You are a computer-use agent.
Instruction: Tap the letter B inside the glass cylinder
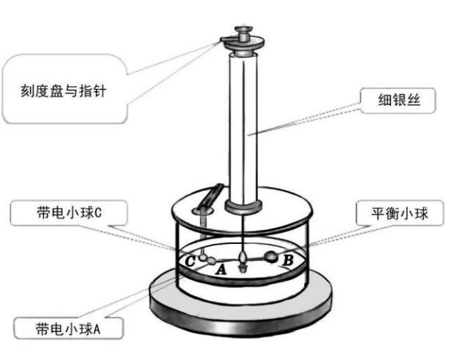click(288, 259)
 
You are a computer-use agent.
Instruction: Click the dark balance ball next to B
click(270, 257)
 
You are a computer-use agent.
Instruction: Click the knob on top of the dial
click(243, 35)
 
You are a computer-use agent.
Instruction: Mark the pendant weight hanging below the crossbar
click(242, 259)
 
